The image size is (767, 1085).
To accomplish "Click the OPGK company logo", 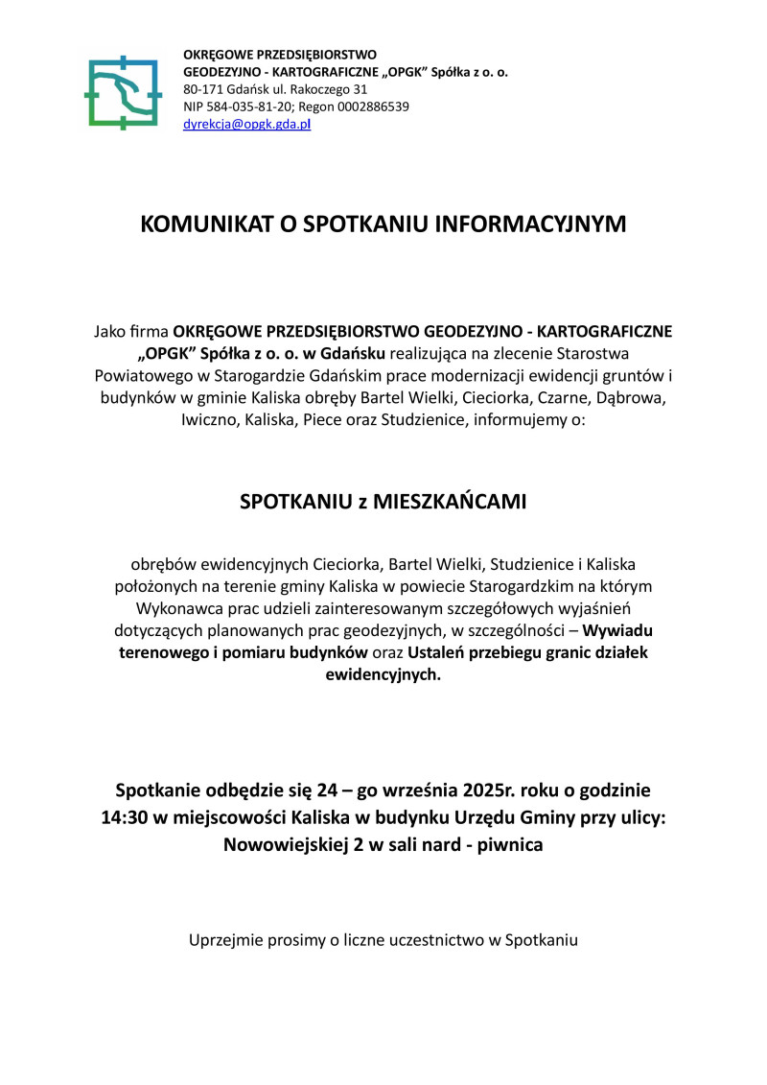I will click(122, 93).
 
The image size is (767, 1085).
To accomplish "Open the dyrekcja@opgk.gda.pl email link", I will click(246, 124).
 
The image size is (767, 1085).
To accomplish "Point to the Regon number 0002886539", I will click(376, 106).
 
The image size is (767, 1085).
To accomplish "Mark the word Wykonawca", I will click(177, 607).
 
